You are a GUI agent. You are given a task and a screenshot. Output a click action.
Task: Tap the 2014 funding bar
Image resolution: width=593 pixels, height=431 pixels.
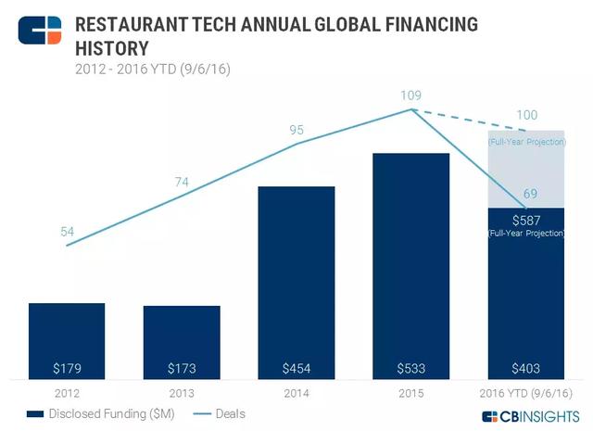pos(296,278)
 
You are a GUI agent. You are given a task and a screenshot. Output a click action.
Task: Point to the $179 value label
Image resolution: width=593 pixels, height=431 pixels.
pos(67,368)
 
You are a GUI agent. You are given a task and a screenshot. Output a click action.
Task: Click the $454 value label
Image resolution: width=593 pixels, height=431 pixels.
pos(296,368)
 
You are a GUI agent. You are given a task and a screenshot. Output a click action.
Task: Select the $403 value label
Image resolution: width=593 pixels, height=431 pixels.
pos(525,368)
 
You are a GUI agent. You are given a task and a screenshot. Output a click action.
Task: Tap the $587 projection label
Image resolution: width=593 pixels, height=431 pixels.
pos(525,220)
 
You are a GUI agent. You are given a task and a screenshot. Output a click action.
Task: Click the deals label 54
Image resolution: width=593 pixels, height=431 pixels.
pos(68,231)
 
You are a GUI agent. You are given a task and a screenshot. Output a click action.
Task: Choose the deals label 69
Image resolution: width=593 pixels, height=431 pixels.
pos(530,193)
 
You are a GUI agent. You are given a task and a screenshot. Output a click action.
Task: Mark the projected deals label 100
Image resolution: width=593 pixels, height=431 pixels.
pos(526,114)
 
